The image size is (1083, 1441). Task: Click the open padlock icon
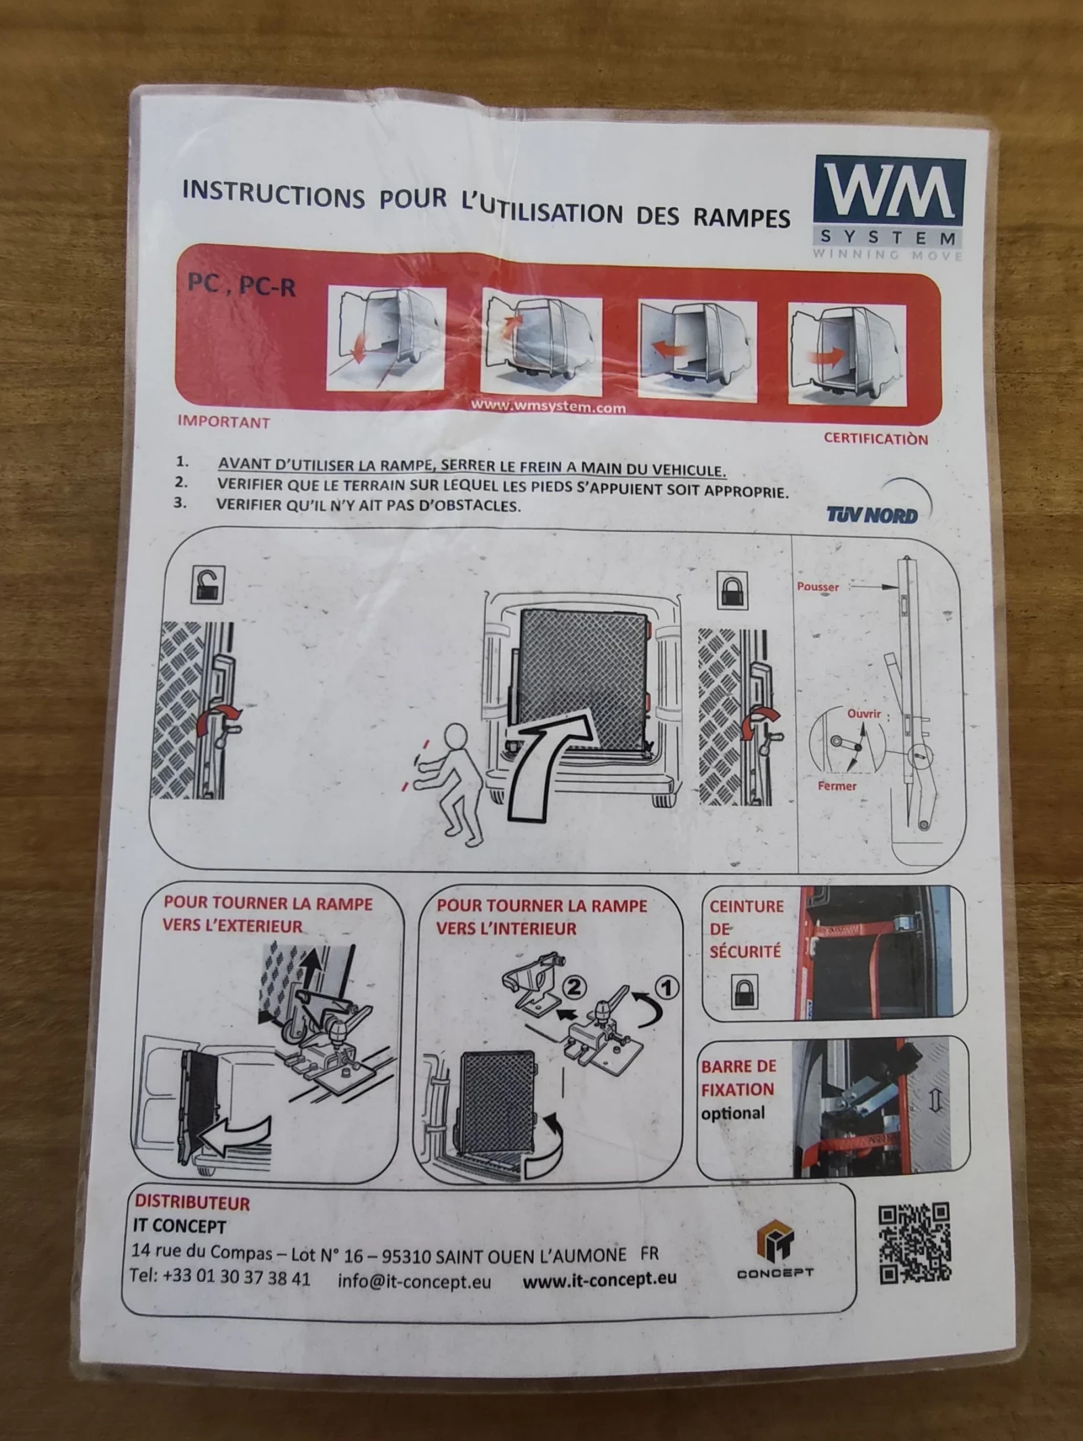pos(208,584)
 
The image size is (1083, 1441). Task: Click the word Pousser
pos(818,586)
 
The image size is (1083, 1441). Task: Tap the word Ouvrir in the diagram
pos(864,713)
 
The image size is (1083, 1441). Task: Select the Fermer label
pos(837,786)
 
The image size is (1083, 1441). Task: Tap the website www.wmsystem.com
pos(548,406)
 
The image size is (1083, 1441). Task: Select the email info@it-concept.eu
pos(414,1281)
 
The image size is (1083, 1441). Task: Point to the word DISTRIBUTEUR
pos(192,1203)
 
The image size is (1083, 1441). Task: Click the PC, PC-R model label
pos(242,285)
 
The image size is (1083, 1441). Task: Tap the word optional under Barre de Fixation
pos(732,1113)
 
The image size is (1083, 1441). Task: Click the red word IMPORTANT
pos(223,422)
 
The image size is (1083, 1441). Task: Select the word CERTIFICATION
pos(875,438)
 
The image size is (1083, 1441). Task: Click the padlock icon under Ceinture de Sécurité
pos(745,992)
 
